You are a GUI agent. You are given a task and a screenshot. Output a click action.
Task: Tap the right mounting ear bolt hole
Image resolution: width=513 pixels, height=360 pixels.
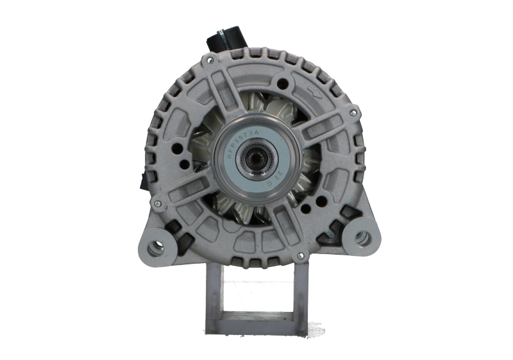point(363,239)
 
